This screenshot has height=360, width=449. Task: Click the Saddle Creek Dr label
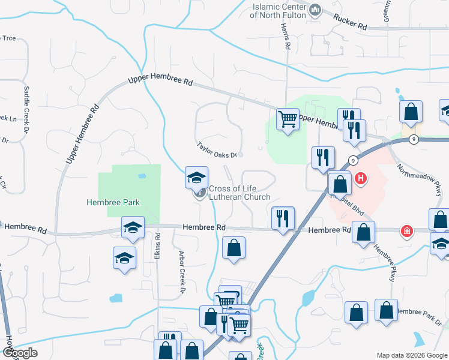(x=26, y=104)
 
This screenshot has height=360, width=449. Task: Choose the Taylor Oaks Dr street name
(x=218, y=149)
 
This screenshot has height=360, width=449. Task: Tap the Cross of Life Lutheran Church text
(x=240, y=193)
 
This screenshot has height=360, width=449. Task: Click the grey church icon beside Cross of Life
(x=199, y=193)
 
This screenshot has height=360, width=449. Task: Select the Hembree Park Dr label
(x=419, y=312)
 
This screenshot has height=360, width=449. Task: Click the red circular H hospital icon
(x=361, y=178)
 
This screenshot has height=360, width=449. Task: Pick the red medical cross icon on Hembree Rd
(x=407, y=231)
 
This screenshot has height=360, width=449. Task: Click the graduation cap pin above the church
(x=196, y=178)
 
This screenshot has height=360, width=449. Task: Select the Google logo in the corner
(x=20, y=353)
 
